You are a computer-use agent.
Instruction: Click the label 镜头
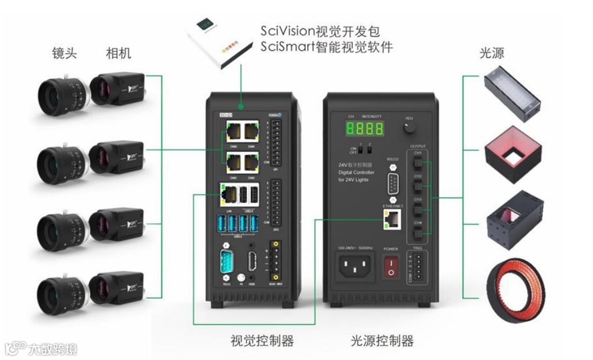pyautogui.click(x=63, y=54)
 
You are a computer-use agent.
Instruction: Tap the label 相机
pyautogui.click(x=118, y=54)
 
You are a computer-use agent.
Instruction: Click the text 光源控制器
pyautogui.click(x=382, y=340)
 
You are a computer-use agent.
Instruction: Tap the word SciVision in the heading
pyautogui.click(x=288, y=30)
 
